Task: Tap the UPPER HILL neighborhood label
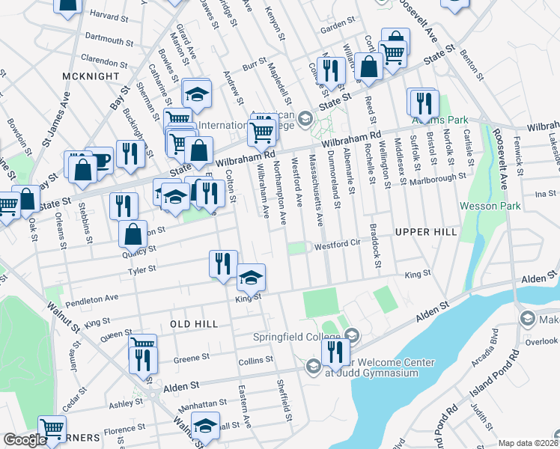point(425,233)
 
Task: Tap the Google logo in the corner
point(25,440)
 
